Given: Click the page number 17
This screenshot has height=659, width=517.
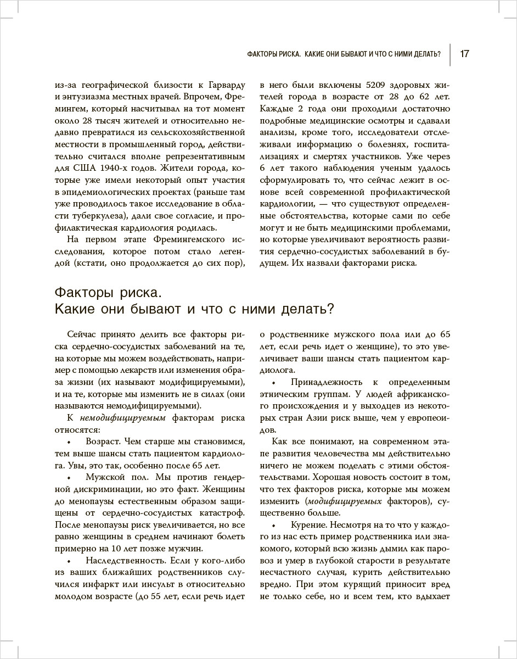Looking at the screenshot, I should tap(464, 54).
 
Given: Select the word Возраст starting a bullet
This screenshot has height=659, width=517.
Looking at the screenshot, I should tap(103, 442).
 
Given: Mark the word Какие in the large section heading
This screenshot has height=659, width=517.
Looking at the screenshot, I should tap(78, 309).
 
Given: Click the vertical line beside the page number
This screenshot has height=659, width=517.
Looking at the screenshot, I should tap(451, 54).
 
